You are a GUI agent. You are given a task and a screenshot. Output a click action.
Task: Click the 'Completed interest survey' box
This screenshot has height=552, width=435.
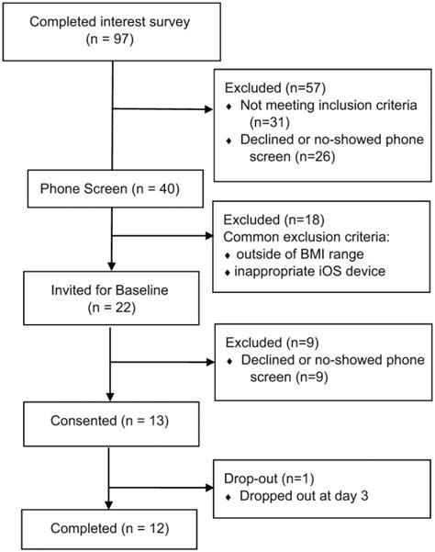click(111, 33)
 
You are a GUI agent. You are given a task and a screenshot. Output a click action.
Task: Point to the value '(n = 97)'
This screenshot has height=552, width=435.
click(111, 41)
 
